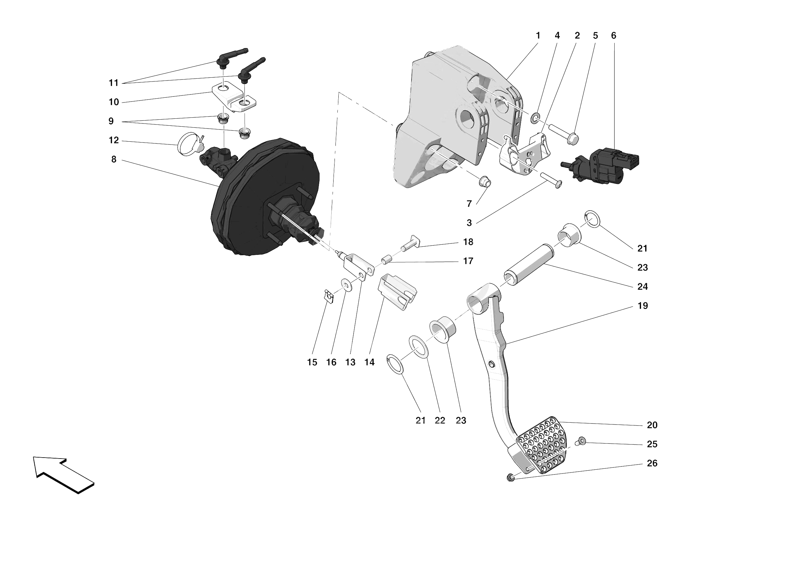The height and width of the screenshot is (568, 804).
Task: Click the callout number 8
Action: pyautogui.click(x=114, y=160)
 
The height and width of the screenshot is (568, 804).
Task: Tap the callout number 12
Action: pyautogui.click(x=114, y=140)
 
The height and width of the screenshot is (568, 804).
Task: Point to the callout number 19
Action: pyautogui.click(x=642, y=306)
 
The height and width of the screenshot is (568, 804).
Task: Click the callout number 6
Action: pyautogui.click(x=614, y=36)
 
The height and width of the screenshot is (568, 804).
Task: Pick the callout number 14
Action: pyautogui.click(x=370, y=362)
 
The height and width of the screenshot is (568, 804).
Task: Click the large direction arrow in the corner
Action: pyautogui.click(x=63, y=474)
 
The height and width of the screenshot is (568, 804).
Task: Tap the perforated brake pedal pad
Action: pyautogui.click(x=541, y=445)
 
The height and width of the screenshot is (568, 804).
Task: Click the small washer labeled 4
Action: pyautogui.click(x=535, y=119)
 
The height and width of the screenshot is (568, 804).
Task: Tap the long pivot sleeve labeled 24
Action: pyautogui.click(x=529, y=264)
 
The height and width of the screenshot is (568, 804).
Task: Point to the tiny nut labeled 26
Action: pyautogui.click(x=511, y=477)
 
